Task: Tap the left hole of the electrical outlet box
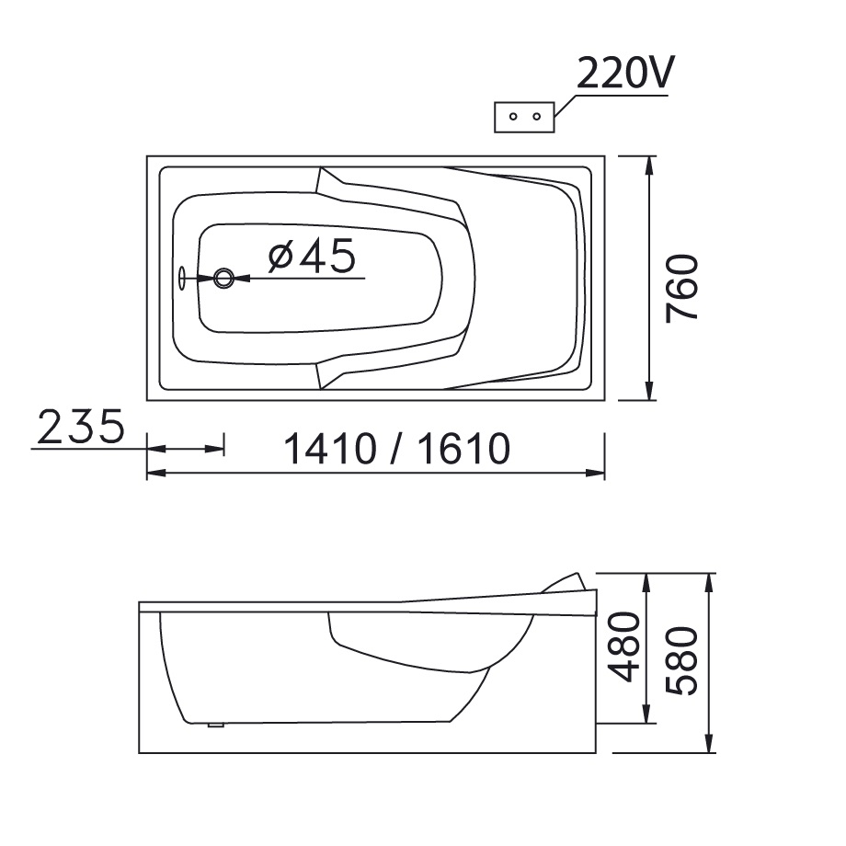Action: click(513, 116)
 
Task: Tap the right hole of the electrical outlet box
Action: click(536, 116)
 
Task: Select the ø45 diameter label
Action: click(313, 256)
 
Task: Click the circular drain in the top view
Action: click(223, 279)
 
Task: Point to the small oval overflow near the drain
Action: click(182, 279)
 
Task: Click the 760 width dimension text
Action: click(682, 289)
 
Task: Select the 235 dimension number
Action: click(81, 427)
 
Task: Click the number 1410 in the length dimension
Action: click(329, 449)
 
